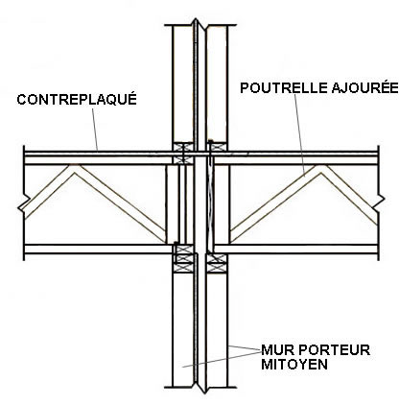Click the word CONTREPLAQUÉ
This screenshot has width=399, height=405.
(x=77, y=99)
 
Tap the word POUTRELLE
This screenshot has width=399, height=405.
(x=284, y=88)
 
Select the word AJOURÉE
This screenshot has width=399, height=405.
(x=364, y=87)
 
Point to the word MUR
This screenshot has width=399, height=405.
(x=277, y=350)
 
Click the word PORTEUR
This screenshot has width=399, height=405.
(x=334, y=350)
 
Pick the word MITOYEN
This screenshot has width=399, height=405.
(x=294, y=365)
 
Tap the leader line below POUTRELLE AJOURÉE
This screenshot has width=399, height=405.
(x=299, y=135)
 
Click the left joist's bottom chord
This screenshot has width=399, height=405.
(x=95, y=249)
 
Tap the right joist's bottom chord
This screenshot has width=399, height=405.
(x=296, y=249)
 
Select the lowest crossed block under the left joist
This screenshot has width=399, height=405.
(x=183, y=268)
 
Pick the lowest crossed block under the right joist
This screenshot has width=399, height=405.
(x=217, y=268)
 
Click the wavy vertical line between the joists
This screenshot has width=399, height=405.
(x=210, y=204)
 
